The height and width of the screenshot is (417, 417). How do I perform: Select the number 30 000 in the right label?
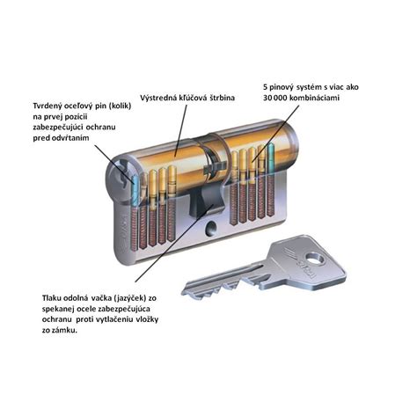(275, 98)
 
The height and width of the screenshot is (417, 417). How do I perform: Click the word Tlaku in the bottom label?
(52, 298)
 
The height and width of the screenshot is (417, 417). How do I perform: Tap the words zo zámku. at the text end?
(60, 331)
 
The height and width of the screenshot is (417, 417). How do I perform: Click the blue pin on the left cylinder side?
(135, 191)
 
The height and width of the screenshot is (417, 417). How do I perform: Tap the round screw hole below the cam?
(210, 228)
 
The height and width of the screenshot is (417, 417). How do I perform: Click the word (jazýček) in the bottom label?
(129, 298)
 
